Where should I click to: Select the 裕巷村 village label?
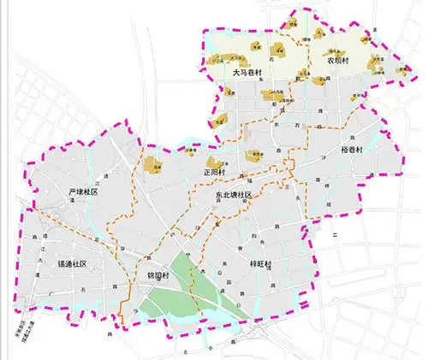tap(352, 151)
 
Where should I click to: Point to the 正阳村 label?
tap(215, 172)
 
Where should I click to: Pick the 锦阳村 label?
tap(160, 277)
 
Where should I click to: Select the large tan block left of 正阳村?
tap(152, 167)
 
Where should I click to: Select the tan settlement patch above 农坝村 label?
tap(334, 49)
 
